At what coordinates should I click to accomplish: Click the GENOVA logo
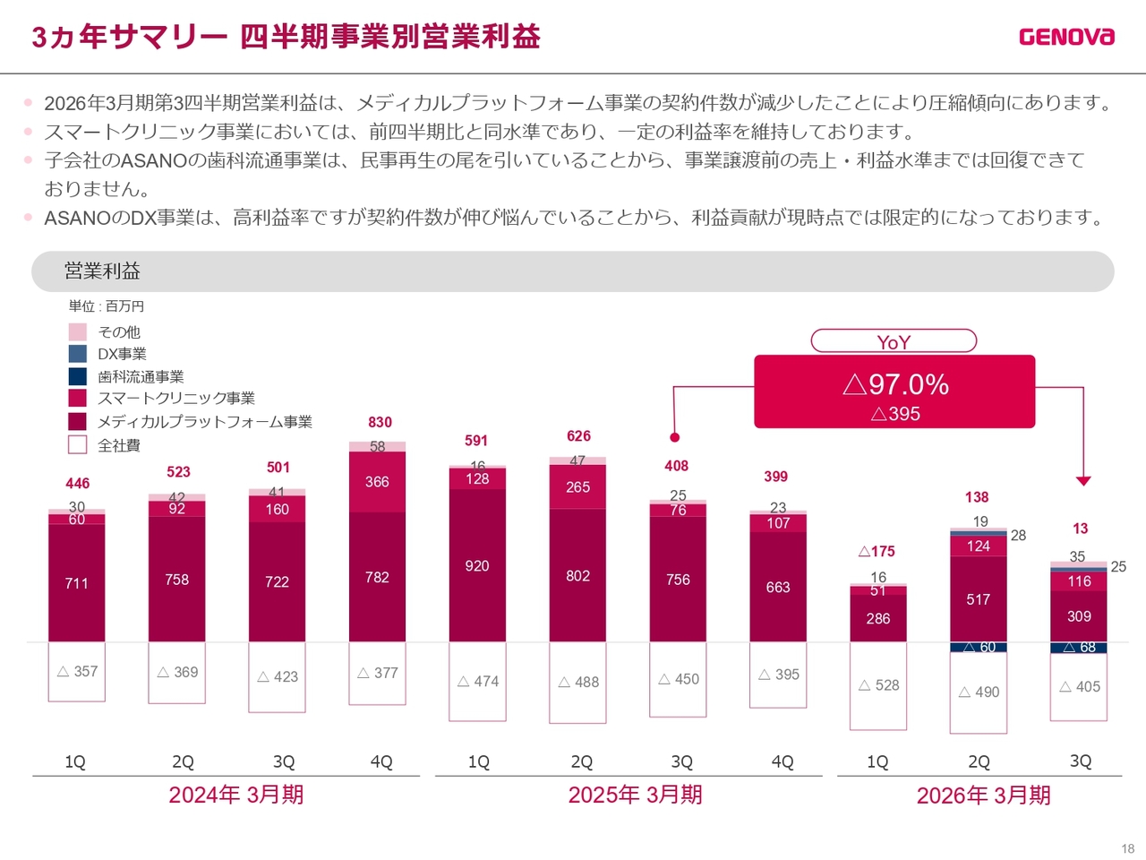[1066, 37]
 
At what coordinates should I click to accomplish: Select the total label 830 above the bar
[380, 422]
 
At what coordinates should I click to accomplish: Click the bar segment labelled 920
[477, 566]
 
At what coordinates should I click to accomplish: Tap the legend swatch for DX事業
[78, 354]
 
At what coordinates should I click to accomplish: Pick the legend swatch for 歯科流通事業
[78, 376]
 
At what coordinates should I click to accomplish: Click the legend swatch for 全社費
[78, 444]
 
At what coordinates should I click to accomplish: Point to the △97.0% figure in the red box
[895, 384]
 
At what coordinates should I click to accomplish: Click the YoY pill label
[894, 341]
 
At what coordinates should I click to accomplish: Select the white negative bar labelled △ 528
[878, 685]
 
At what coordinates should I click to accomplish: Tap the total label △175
[877, 551]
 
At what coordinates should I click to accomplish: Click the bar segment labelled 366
[377, 482]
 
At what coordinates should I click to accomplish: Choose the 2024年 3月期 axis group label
[236, 795]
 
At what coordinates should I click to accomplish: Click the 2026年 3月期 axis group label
[983, 795]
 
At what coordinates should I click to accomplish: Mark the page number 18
[1127, 848]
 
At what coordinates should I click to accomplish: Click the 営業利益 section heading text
[102, 271]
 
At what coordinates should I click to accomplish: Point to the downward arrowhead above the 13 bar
[1083, 481]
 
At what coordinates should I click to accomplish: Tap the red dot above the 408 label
[675, 437]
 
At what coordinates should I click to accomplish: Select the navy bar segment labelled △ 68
[1079, 648]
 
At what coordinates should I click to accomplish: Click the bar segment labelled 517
[979, 599]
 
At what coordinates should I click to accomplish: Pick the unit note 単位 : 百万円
[106, 306]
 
